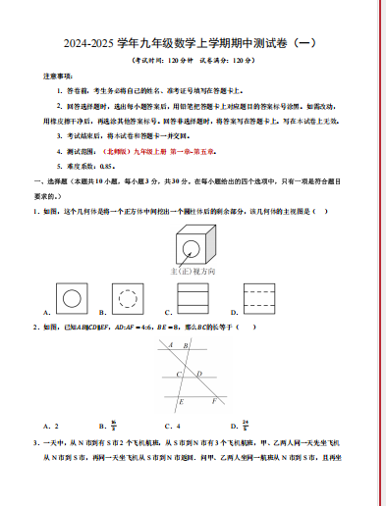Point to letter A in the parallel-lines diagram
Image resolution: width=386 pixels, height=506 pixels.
(x=170, y=345)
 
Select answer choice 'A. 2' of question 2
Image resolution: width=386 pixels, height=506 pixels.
(x=52, y=427)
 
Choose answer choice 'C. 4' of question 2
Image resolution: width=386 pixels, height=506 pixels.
(x=175, y=427)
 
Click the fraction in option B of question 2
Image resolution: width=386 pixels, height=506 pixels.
(x=115, y=426)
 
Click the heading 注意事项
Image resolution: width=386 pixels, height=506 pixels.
(x=57, y=75)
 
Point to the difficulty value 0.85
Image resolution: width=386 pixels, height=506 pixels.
(x=92, y=167)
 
